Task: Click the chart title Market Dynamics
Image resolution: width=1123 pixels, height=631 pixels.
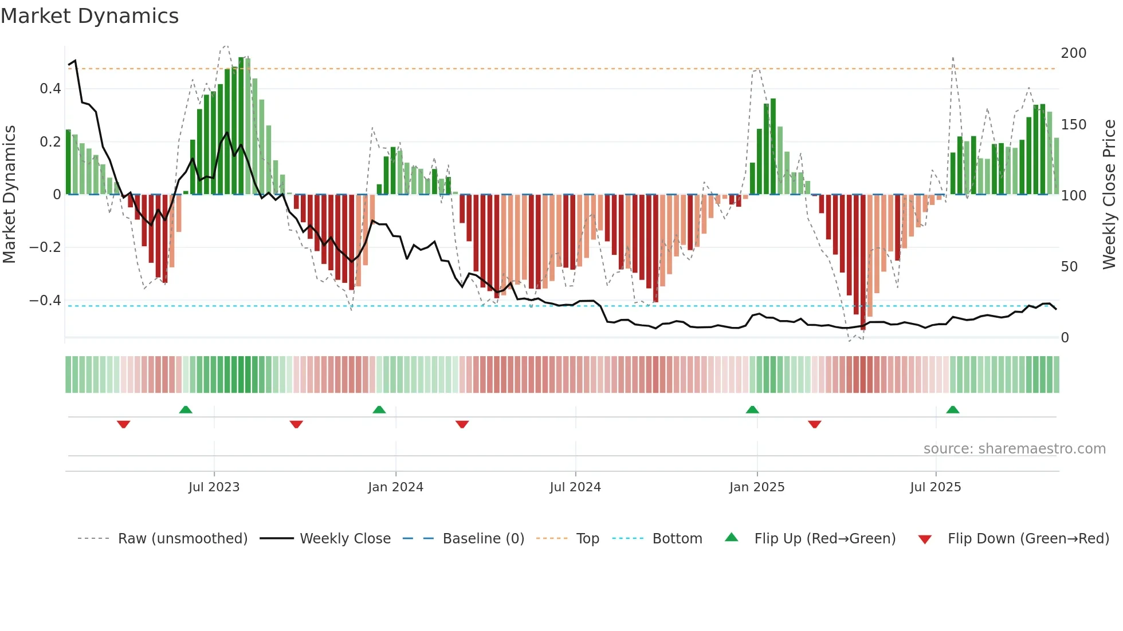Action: pyautogui.click(x=90, y=16)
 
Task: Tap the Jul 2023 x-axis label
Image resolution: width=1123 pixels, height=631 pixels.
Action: pyautogui.click(x=214, y=487)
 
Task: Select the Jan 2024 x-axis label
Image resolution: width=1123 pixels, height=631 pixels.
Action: pyautogui.click(x=395, y=487)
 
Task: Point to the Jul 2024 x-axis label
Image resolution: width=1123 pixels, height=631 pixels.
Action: pyautogui.click(x=575, y=487)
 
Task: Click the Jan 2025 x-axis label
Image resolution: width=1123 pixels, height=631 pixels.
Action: pyautogui.click(x=757, y=487)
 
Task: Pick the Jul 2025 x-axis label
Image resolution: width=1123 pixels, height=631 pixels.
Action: pyautogui.click(x=936, y=487)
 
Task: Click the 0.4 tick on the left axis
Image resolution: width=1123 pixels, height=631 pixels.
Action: pyautogui.click(x=50, y=89)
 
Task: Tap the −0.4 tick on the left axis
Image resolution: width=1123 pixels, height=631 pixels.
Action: pyautogui.click(x=45, y=301)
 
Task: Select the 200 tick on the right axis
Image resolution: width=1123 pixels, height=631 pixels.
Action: pyautogui.click(x=1073, y=53)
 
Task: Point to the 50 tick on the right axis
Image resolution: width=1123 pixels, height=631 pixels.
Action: pyautogui.click(x=1069, y=267)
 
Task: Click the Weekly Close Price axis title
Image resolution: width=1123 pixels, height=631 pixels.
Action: pyautogui.click(x=1110, y=195)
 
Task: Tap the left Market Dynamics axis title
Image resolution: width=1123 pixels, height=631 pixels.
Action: pyautogui.click(x=9, y=195)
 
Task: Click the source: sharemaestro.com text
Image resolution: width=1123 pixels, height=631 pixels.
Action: pyautogui.click(x=1014, y=449)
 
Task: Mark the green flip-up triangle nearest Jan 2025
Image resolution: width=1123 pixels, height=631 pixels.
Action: pyautogui.click(x=752, y=410)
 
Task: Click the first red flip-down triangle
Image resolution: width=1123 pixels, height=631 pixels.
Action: pyautogui.click(x=123, y=424)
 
